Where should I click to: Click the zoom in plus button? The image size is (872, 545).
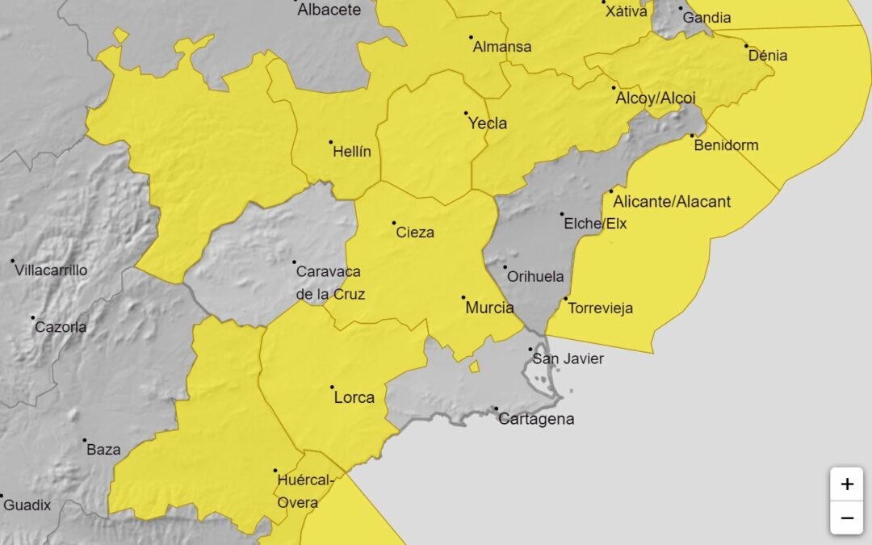846,484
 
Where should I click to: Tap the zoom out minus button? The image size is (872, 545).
846,518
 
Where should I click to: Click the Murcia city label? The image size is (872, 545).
489,308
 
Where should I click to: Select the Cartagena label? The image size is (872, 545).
536,418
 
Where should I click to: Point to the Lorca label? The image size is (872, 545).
354,397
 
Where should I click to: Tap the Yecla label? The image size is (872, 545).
488,124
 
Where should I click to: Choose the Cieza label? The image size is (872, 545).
415,233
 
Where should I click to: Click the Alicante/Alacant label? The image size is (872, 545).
672,201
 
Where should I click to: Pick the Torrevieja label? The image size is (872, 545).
600,308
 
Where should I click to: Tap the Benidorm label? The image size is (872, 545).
726,145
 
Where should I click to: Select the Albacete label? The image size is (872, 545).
329,10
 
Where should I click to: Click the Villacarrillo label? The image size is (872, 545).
51,270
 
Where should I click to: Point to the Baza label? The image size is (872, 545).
103,450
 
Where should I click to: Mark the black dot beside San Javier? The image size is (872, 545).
530,349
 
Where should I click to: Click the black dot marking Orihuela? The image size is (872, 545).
505,267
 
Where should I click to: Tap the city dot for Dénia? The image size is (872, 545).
746,46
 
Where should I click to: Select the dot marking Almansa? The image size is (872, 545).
471,36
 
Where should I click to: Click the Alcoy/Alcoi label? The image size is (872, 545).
656,98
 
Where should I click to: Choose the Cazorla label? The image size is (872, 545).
61,327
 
